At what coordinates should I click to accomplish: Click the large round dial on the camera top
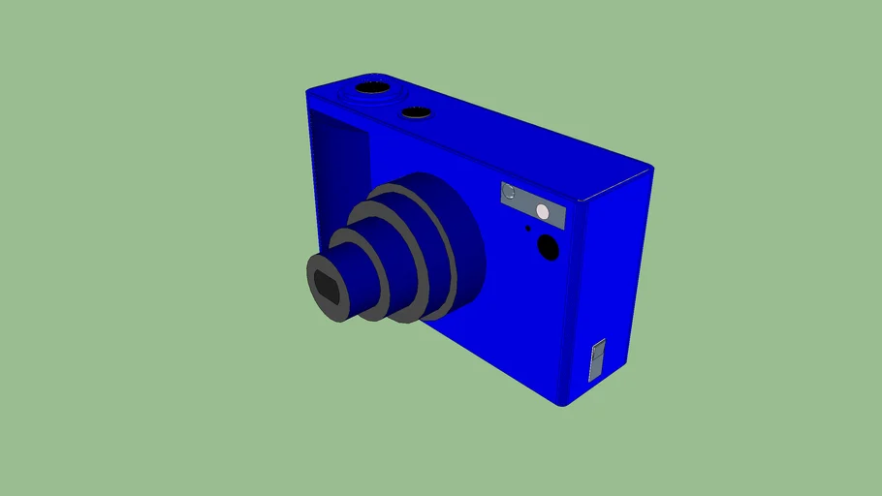tap(372, 89)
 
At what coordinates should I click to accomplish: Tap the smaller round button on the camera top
tap(418, 113)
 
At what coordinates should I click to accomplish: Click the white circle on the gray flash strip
tap(543, 212)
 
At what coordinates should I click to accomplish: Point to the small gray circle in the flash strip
tap(509, 192)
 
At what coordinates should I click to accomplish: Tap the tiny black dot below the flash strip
tap(527, 230)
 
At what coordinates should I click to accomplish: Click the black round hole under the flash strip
tap(548, 248)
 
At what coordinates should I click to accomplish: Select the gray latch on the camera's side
tap(598, 358)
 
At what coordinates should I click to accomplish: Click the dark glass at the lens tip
tap(326, 287)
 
